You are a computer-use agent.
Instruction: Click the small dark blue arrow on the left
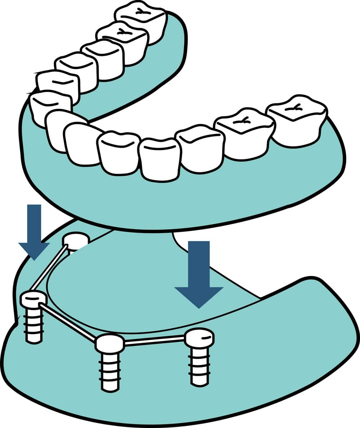[x=34, y=234]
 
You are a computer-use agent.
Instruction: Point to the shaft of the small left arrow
[x=34, y=223]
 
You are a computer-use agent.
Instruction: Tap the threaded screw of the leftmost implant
[x=34, y=325]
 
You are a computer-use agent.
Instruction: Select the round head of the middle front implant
[x=110, y=343]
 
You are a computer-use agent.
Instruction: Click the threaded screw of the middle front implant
[x=110, y=372]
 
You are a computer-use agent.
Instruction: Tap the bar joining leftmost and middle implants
[x=68, y=322]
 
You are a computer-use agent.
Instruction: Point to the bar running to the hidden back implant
[x=49, y=268]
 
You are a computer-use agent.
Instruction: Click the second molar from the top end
[x=122, y=43]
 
